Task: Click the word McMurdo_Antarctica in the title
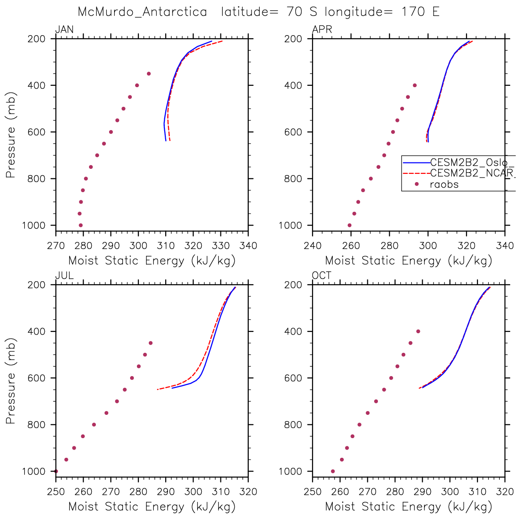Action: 142,12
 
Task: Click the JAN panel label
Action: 64,30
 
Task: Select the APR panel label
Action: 322,30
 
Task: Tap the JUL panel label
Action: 64,276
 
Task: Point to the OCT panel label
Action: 322,276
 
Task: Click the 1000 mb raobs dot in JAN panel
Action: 81,225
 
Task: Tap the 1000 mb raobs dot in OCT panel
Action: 333,471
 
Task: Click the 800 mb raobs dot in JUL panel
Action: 94,424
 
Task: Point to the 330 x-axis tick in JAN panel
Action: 220,246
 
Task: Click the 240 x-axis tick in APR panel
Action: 313,246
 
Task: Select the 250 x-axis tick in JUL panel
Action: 56,492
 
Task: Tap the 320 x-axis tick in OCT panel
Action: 505,492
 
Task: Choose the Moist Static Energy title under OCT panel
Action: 408,507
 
